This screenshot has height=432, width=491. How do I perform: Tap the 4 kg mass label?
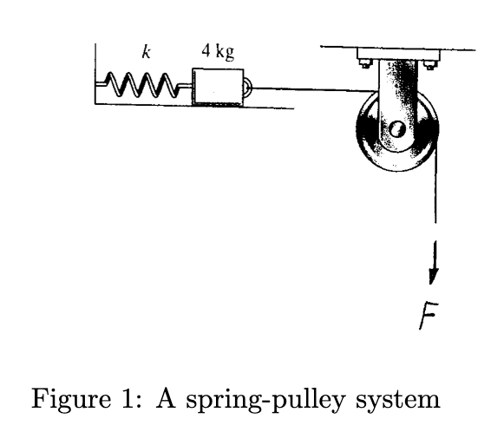tap(217, 51)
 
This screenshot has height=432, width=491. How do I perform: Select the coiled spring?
tap(141, 86)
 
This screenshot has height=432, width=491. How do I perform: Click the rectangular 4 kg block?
tap(216, 87)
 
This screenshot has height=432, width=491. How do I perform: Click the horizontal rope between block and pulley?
tap(304, 88)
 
